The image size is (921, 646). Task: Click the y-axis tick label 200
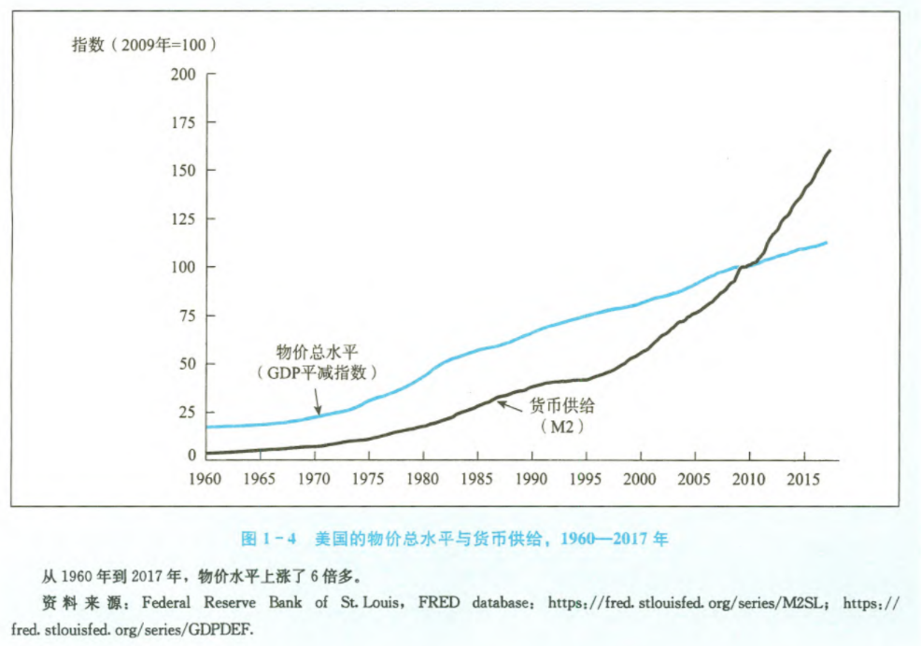click(184, 74)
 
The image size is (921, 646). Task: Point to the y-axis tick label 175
click(184, 122)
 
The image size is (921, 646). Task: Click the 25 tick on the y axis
click(188, 412)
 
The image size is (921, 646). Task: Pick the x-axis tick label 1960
click(206, 479)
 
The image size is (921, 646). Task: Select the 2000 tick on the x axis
click(640, 479)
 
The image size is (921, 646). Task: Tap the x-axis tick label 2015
click(801, 479)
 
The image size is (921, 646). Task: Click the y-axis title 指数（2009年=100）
click(146, 44)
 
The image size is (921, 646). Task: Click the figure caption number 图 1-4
click(269, 539)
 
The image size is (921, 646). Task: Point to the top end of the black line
click(829, 150)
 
